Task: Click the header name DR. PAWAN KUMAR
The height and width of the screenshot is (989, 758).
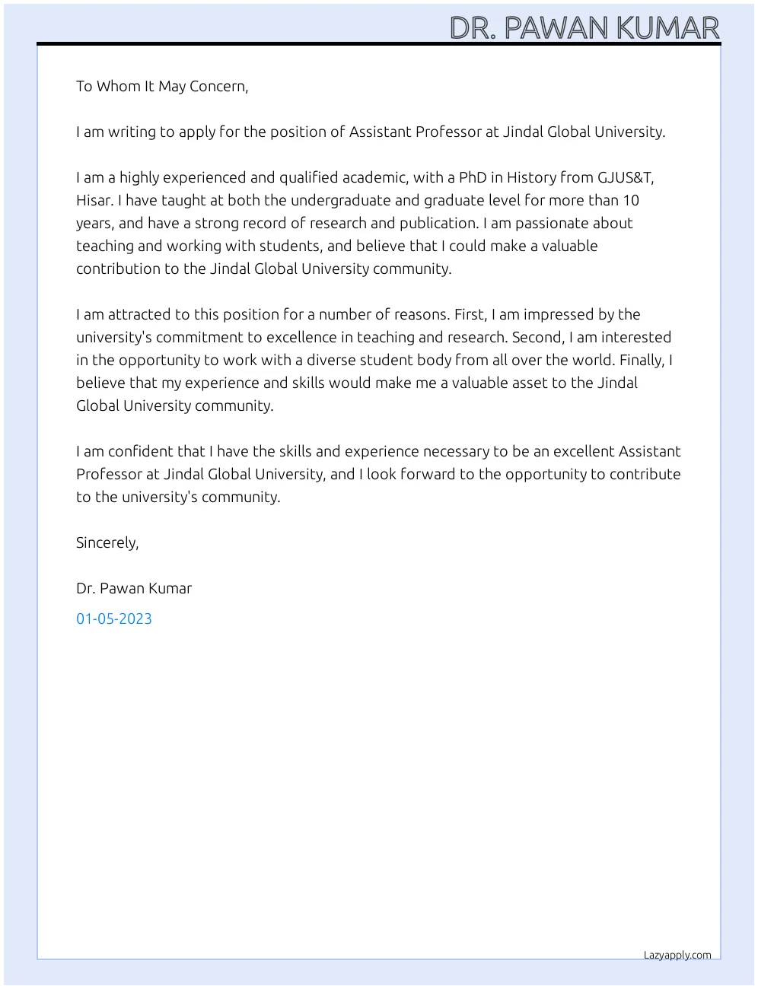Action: [584, 27]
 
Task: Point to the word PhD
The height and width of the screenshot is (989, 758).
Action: [472, 177]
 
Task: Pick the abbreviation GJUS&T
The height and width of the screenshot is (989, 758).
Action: [624, 177]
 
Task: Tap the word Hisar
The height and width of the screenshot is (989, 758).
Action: [94, 200]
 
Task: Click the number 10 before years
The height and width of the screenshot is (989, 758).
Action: [631, 200]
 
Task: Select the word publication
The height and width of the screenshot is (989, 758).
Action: [437, 223]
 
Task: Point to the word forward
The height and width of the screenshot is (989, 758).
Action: [426, 474]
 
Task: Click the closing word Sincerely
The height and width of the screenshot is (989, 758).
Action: [107, 542]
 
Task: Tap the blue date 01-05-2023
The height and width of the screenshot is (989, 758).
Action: [114, 619]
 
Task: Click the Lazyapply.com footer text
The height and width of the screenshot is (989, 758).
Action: [677, 955]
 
